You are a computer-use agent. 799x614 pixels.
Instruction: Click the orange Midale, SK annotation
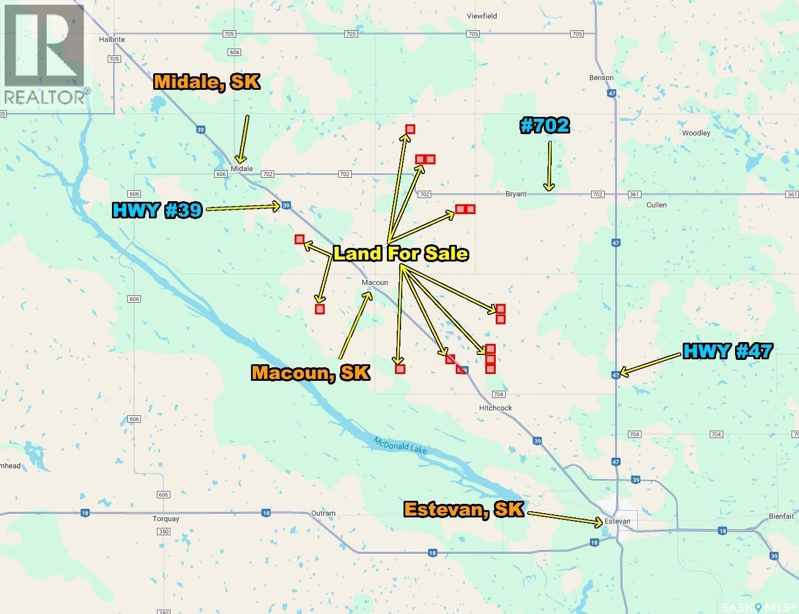[207, 82]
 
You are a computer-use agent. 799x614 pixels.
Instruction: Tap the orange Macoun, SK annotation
[311, 372]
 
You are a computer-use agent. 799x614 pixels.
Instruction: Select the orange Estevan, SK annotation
[464, 509]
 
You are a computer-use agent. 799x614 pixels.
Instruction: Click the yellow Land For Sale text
[400, 253]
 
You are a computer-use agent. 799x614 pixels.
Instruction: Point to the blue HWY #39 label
[157, 210]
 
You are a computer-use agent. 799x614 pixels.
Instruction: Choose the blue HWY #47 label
[728, 351]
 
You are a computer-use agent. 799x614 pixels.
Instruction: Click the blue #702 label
[545, 126]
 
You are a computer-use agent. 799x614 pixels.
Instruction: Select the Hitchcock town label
[495, 408]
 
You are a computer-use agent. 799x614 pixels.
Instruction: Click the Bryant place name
[516, 194]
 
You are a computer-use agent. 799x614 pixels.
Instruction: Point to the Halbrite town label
[112, 39]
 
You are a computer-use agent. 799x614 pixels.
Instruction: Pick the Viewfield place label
[482, 16]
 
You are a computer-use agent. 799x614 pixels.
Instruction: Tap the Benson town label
[601, 78]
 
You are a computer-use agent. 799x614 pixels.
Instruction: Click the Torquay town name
[165, 519]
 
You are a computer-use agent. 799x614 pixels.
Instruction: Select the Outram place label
[324, 513]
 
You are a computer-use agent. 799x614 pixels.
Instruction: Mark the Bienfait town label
[782, 517]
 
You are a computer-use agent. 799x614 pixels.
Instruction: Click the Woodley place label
[696, 133]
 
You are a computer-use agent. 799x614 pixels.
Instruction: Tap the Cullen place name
[656, 205]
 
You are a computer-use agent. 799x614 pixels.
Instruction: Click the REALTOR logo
[44, 54]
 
